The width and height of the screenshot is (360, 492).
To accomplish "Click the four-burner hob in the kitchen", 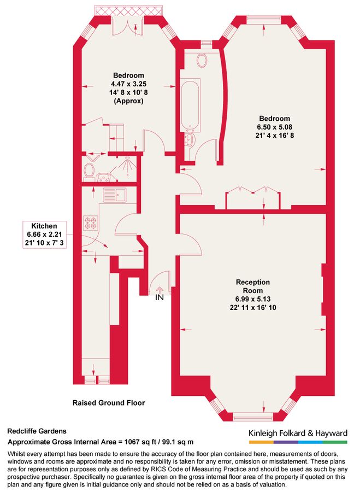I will pyautogui.click(x=91, y=222).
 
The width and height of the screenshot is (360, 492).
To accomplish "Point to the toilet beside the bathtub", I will pyautogui.click(x=203, y=60).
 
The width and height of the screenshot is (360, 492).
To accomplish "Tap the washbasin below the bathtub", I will pyautogui.click(x=190, y=140).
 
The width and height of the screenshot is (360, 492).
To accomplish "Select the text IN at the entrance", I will pyautogui.click(x=159, y=298).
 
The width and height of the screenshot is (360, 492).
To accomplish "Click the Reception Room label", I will pyautogui.click(x=253, y=286).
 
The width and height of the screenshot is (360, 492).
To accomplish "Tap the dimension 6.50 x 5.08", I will pyautogui.click(x=275, y=126).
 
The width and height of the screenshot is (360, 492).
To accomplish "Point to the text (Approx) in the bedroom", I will pyautogui.click(x=128, y=101).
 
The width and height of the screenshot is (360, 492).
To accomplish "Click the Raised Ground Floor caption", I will pyautogui.click(x=109, y=403).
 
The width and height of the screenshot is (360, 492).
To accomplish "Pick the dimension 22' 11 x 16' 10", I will pyautogui.click(x=253, y=307).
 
